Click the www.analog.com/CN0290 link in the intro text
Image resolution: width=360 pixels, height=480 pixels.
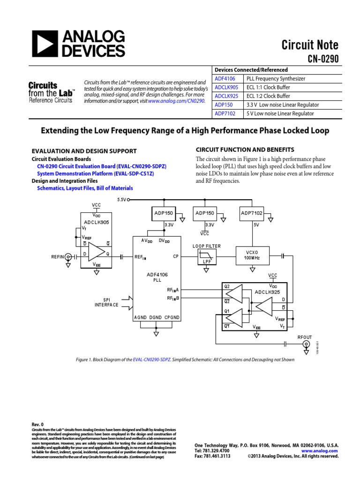coord(176,101)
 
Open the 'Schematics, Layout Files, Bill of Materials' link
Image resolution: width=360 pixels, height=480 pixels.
coord(85,188)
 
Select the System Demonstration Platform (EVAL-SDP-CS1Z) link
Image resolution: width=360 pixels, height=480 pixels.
coord(95,173)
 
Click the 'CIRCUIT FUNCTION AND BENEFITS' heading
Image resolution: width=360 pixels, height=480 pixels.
coord(244,150)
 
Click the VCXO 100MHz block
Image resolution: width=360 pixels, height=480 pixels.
coord(252,255)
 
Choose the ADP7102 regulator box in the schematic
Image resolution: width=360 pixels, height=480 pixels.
coord(252,213)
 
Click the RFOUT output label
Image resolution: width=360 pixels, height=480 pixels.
coord(305,337)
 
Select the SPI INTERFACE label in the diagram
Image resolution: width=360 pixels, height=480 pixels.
coord(107,302)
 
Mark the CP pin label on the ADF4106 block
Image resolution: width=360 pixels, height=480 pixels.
coord(176,257)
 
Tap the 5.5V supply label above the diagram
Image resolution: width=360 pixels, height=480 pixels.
coord(121,199)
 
